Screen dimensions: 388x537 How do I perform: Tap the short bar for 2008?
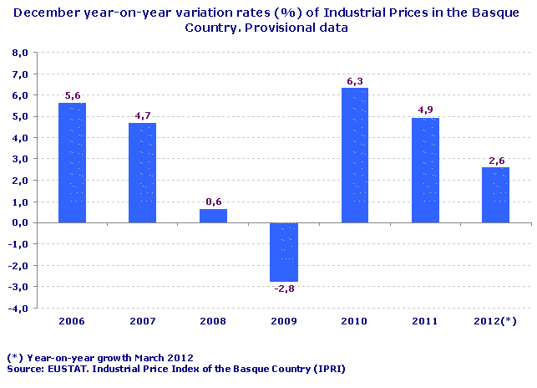(213, 216)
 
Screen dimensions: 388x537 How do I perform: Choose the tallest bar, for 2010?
(355, 155)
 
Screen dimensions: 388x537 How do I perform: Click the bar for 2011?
(425, 170)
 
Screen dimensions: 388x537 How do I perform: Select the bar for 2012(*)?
(496, 195)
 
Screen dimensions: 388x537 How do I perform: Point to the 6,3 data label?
(355, 81)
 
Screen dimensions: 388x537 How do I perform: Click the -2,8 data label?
(284, 289)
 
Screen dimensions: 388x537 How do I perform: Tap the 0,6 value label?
(213, 202)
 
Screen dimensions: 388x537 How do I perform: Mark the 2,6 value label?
(496, 161)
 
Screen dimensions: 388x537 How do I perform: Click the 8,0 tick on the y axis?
(21, 53)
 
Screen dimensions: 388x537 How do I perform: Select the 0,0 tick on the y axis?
(21, 222)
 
